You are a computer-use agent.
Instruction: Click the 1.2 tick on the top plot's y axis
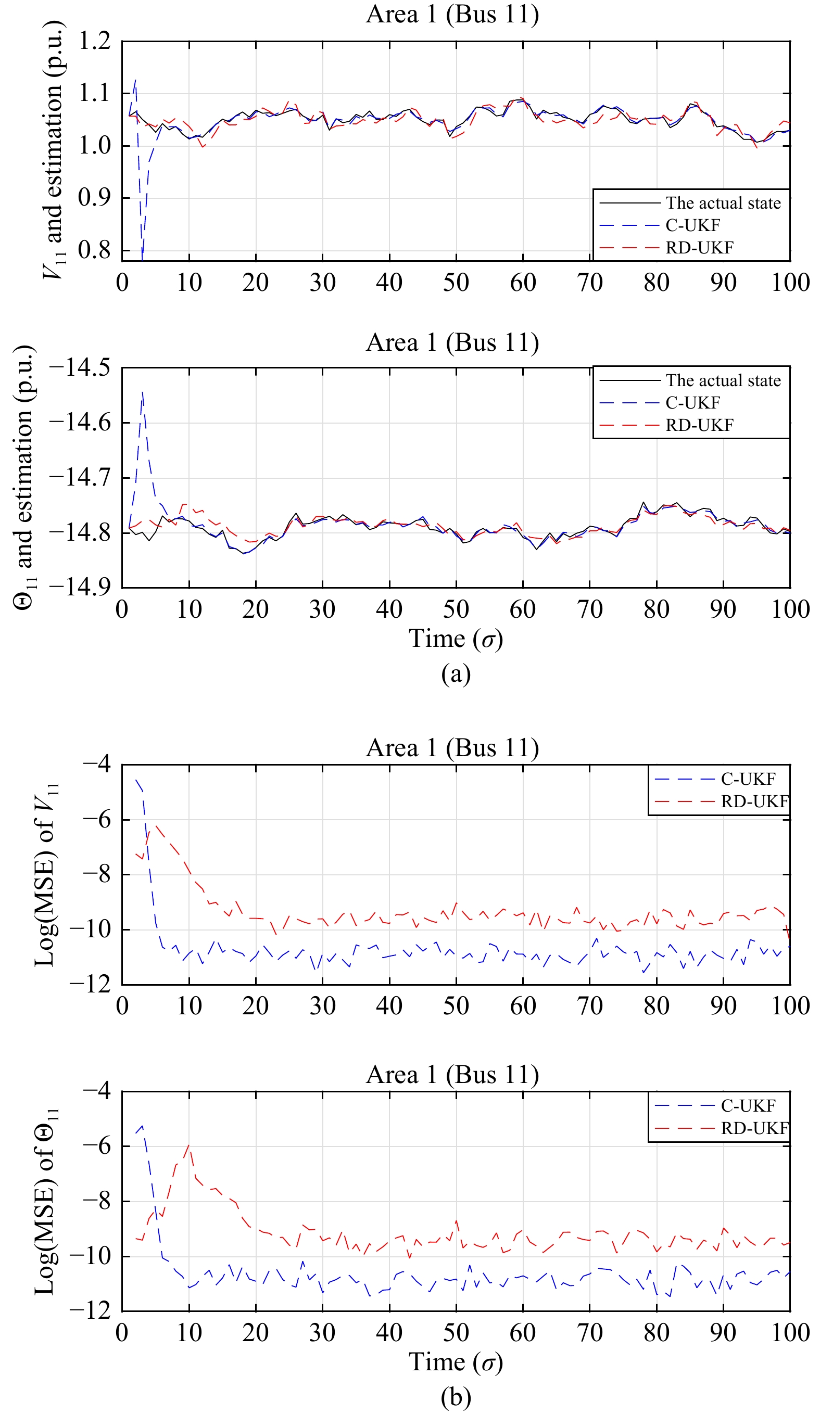pyautogui.click(x=94, y=41)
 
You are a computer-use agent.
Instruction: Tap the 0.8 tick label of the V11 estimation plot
pyautogui.click(x=94, y=250)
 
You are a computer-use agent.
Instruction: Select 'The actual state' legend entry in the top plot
pyautogui.click(x=723, y=202)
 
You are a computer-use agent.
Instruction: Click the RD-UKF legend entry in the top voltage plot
pyautogui.click(x=699, y=247)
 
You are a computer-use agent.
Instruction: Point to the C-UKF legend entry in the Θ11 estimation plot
pyautogui.click(x=692, y=402)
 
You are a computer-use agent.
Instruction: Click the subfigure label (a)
pyautogui.click(x=455, y=674)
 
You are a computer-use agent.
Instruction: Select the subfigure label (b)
pyautogui.click(x=455, y=1398)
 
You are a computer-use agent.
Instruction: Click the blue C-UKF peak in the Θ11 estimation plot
pyautogui.click(x=143, y=392)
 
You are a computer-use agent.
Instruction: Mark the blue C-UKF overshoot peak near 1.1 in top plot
pyautogui.click(x=135, y=80)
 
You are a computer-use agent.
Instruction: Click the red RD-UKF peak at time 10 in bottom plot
pyautogui.click(x=189, y=1144)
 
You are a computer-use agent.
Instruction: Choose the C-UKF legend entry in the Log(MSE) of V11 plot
pyautogui.click(x=748, y=779)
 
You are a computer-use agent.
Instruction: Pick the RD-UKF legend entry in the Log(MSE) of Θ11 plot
pyautogui.click(x=754, y=1128)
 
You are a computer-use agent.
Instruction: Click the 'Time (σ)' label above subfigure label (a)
pyautogui.click(x=455, y=639)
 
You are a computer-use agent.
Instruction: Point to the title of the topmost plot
pyautogui.click(x=452, y=14)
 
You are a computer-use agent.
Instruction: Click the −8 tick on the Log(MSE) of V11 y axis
pyautogui.click(x=96, y=874)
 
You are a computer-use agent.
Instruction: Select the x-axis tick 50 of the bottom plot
pyautogui.click(x=456, y=1333)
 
